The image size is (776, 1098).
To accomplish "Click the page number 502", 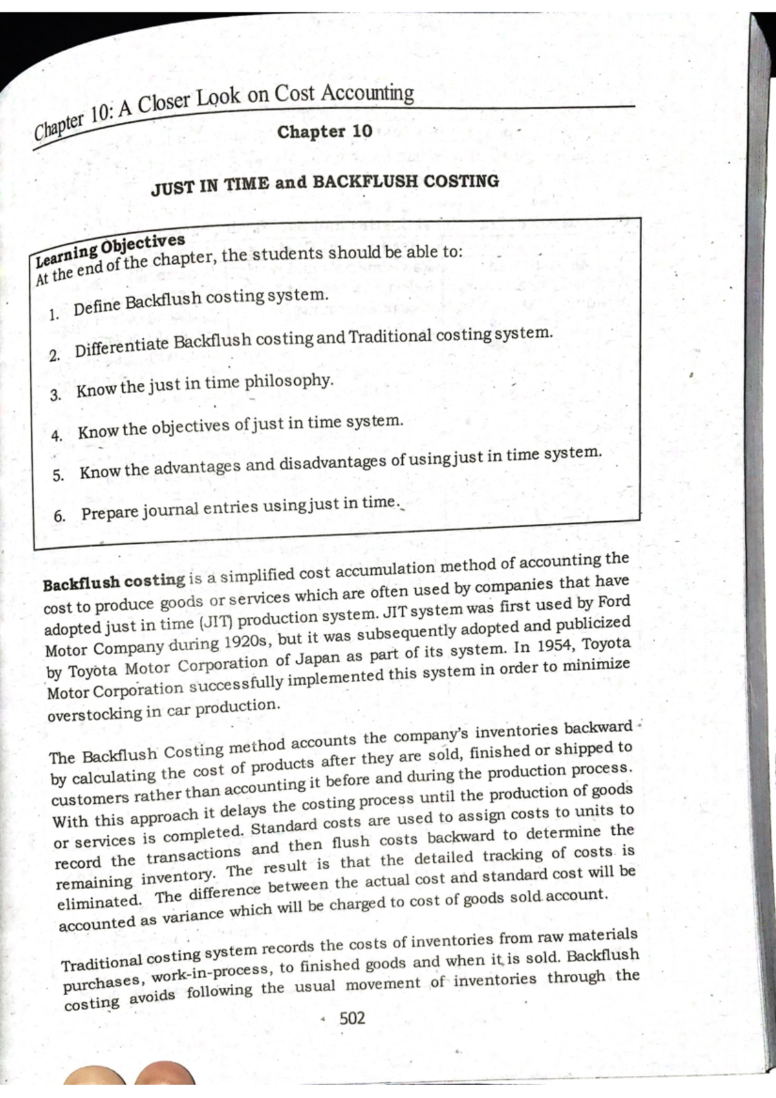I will [352, 1018].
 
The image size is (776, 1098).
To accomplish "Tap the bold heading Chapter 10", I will [325, 132].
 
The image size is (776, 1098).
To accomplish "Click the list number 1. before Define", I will [54, 316].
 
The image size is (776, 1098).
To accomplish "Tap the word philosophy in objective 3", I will [289, 381].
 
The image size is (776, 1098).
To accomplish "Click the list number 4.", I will [57, 435].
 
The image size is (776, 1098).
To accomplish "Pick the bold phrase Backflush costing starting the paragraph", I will [114, 581].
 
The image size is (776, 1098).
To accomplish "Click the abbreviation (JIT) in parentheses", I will [217, 623].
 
